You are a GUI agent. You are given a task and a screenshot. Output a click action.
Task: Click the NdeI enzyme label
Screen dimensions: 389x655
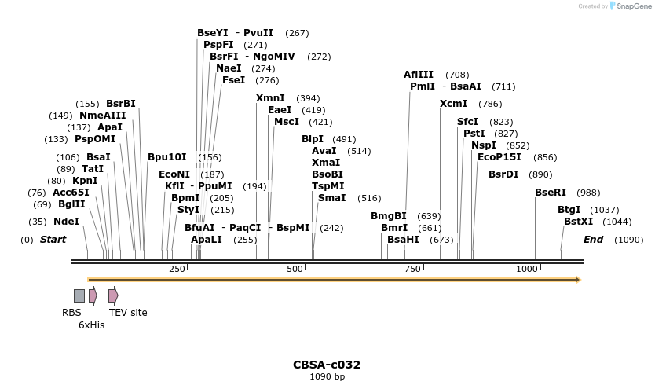pyautogui.click(x=66, y=222)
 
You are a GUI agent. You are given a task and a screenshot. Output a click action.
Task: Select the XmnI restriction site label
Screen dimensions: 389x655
pyautogui.click(x=270, y=98)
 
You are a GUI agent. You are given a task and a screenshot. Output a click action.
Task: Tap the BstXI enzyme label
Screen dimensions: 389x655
pyautogui.click(x=579, y=222)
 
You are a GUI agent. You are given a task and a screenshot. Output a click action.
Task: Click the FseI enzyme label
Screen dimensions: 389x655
pyautogui.click(x=233, y=80)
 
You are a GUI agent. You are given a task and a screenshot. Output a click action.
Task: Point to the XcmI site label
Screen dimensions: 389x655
pyautogui.click(x=454, y=104)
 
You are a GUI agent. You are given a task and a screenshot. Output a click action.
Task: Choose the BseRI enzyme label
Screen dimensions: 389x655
pyautogui.click(x=550, y=193)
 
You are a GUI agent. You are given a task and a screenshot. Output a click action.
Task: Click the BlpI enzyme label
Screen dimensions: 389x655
pyautogui.click(x=313, y=139)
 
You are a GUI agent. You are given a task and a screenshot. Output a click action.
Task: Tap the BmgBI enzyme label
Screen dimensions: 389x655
pyautogui.click(x=388, y=216)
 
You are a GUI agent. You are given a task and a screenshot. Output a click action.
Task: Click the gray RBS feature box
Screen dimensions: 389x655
pyautogui.click(x=79, y=295)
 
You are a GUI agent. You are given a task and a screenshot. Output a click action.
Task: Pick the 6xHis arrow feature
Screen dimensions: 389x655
pyautogui.click(x=93, y=295)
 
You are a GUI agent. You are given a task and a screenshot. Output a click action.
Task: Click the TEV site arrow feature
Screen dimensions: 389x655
pyautogui.click(x=113, y=295)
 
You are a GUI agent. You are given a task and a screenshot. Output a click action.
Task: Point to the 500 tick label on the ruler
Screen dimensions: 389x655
pyautogui.click(x=295, y=270)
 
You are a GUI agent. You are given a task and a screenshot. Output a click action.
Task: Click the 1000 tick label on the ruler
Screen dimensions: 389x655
pyautogui.click(x=527, y=270)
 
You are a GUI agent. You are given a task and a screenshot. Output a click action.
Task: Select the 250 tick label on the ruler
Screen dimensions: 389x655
pyautogui.click(x=177, y=270)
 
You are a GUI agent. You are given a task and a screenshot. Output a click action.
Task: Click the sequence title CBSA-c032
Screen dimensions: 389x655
pyautogui.click(x=327, y=365)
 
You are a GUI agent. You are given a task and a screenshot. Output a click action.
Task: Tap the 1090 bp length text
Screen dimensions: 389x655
pyautogui.click(x=327, y=377)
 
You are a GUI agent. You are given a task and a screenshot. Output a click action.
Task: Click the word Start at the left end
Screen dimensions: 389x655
pyautogui.click(x=53, y=240)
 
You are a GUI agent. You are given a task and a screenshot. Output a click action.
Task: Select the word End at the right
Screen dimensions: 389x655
pyautogui.click(x=593, y=240)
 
